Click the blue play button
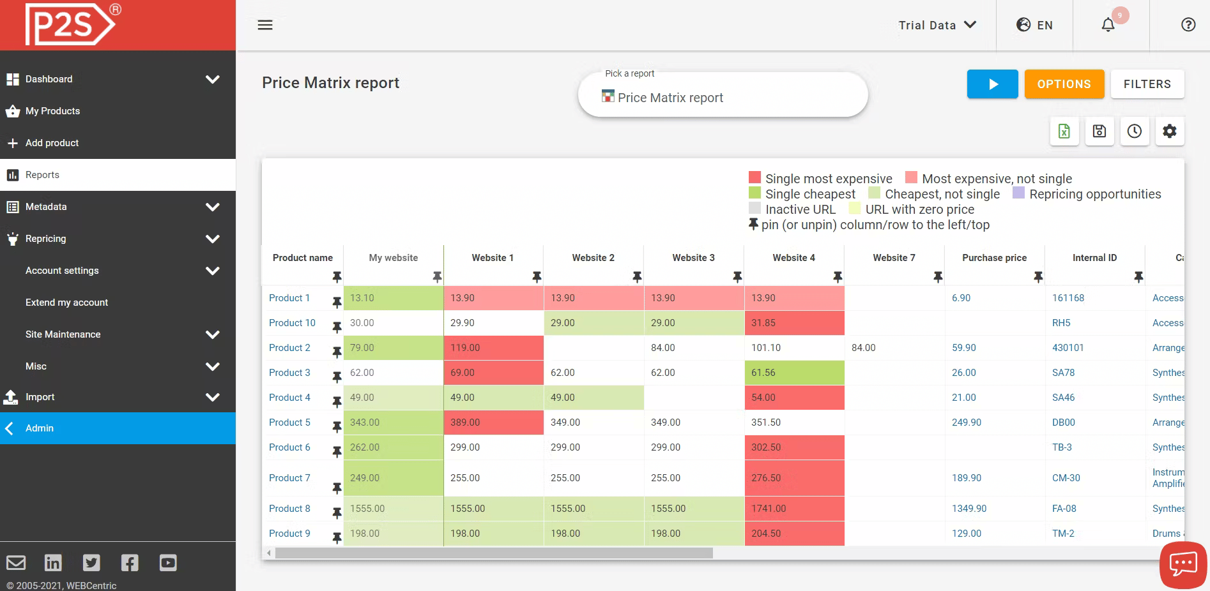(x=992, y=84)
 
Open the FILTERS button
(x=1147, y=84)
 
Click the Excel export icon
(x=1064, y=131)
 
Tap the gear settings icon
(x=1169, y=131)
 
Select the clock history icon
(x=1134, y=131)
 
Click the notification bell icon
(x=1108, y=25)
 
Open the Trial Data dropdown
(x=937, y=25)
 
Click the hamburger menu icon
(x=265, y=25)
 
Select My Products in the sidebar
(x=52, y=111)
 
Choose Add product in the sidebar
(x=52, y=143)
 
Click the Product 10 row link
(x=292, y=323)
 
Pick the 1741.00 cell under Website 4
(x=769, y=509)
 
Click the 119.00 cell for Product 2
(x=465, y=348)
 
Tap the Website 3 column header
(x=693, y=258)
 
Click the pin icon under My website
(x=437, y=276)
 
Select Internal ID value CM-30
(x=1066, y=478)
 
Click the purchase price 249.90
(x=966, y=423)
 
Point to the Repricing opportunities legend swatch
(x=1019, y=193)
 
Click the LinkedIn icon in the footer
(x=53, y=562)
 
